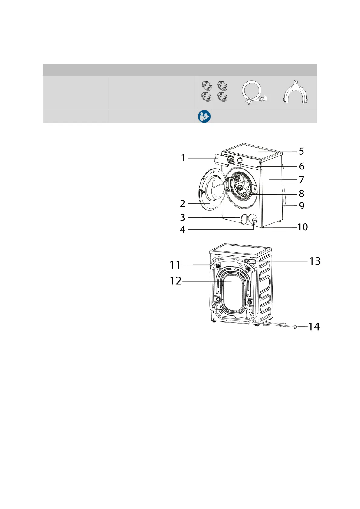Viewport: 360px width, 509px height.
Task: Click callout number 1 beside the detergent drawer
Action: point(183,158)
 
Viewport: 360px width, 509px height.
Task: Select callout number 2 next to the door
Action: point(183,204)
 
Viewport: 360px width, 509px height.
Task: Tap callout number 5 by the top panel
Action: point(301,151)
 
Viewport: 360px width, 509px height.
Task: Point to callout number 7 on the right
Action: point(301,180)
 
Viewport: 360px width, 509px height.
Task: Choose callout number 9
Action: point(301,206)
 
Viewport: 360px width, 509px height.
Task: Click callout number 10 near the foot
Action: point(303,227)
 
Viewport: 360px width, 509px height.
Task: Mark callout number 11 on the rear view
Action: point(175,265)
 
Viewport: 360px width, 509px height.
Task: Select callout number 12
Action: point(175,281)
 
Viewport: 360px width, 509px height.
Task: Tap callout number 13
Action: point(315,261)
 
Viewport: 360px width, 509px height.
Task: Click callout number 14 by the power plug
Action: point(314,327)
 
